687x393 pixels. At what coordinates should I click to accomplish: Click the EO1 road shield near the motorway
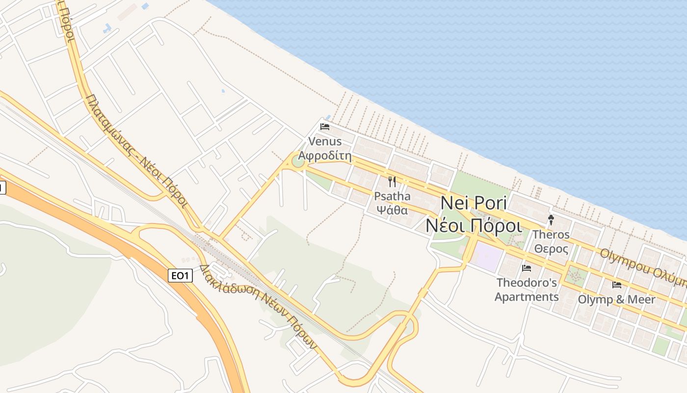pos(180,276)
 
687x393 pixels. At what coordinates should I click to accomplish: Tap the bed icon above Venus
pos(324,126)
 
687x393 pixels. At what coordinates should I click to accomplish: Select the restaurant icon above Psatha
pos(392,182)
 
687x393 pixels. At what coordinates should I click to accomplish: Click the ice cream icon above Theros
pos(551,220)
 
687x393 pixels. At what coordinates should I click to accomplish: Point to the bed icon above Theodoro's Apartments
pos(527,268)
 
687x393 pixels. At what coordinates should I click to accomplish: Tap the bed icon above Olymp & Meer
pos(616,284)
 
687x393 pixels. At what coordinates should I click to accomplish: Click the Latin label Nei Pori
pos(474,203)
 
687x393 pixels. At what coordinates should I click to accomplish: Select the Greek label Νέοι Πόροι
pos(474,225)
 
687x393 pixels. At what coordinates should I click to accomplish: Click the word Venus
pos(325,141)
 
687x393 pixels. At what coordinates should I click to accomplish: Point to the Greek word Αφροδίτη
pos(325,156)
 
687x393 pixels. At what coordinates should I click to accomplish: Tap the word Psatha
pos(392,196)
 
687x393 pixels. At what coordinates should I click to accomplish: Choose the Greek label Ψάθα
pos(392,210)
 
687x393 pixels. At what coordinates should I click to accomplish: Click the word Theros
pos(551,234)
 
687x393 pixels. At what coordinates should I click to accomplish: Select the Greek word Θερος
pos(551,249)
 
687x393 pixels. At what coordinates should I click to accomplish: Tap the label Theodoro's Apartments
pos(527,290)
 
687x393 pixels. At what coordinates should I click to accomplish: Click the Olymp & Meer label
pos(616,299)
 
